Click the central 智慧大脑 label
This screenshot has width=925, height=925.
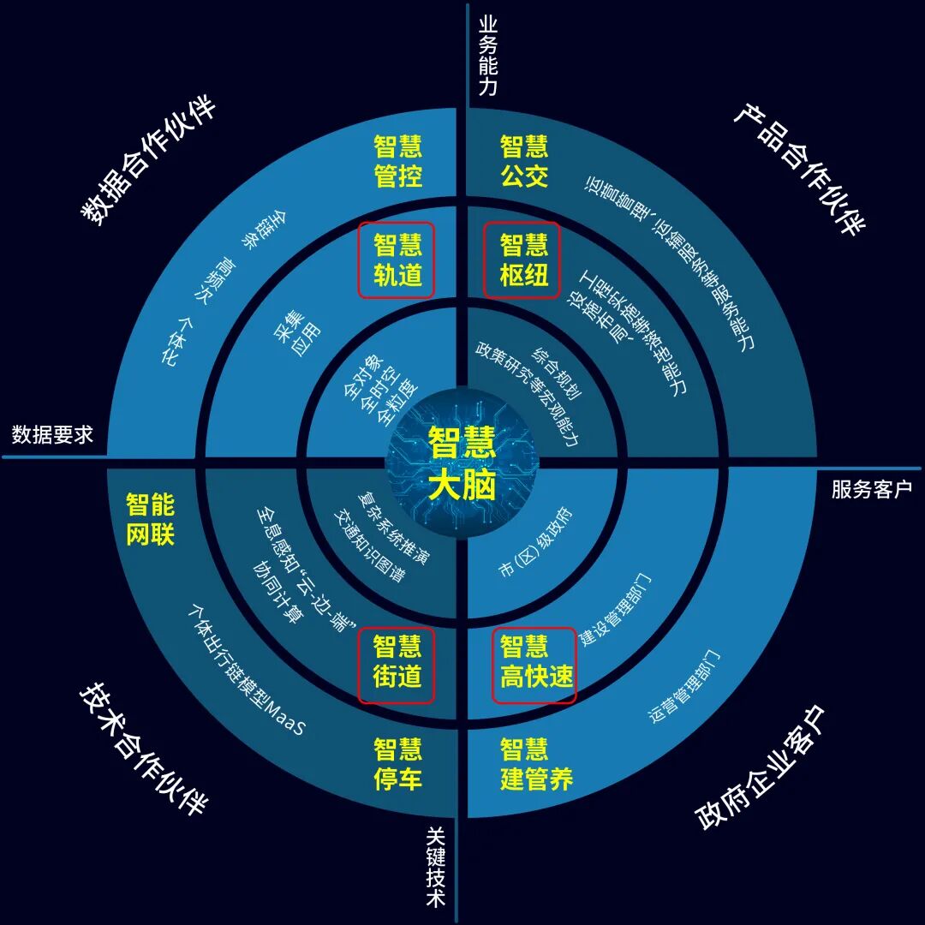click(462, 463)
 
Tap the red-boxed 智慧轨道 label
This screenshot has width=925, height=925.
click(397, 260)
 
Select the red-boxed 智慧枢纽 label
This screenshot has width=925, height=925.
click(522, 260)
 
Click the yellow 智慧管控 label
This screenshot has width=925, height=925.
click(397, 162)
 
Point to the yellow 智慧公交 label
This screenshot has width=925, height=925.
click(524, 162)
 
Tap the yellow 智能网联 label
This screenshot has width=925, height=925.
click(150, 519)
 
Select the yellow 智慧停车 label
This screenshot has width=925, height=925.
click(397, 764)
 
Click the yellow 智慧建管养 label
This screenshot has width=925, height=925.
click(536, 764)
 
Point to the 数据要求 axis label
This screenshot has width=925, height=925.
click(52, 435)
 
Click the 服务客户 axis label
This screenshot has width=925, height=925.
click(872, 489)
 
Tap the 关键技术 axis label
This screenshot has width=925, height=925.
click(437, 866)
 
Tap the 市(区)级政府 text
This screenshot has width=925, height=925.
click(534, 546)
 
